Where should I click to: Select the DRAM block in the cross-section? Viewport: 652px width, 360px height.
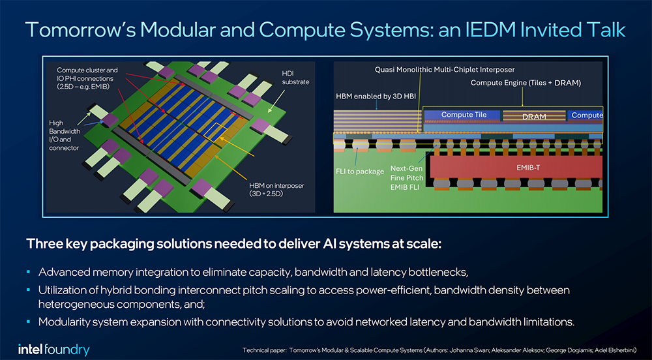click(x=534, y=116)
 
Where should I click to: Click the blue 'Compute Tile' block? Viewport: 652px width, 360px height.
click(x=464, y=115)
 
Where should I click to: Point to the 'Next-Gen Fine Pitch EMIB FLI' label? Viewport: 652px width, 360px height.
click(x=407, y=177)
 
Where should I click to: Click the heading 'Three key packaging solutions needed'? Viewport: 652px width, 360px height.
click(x=234, y=244)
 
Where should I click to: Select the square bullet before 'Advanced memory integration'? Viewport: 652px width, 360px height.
click(x=29, y=271)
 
